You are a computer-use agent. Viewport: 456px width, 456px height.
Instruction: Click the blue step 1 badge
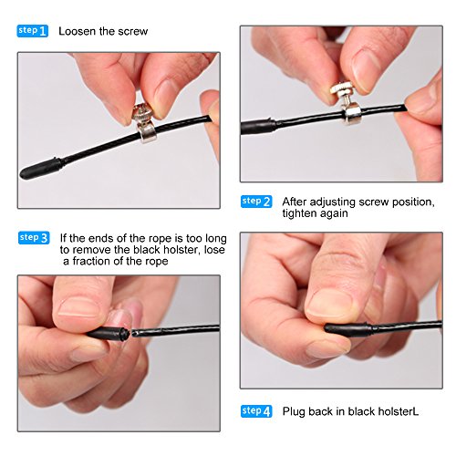[33, 31]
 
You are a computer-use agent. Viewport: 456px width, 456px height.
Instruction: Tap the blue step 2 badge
[256, 202]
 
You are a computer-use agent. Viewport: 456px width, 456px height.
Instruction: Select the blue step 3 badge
[34, 238]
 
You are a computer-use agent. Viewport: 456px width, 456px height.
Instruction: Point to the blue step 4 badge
[256, 411]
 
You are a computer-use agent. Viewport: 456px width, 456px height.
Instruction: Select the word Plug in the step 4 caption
[294, 412]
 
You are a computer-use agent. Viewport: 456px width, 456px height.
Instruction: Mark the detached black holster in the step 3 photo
[108, 334]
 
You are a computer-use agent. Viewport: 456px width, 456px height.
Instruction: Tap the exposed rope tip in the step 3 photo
[135, 334]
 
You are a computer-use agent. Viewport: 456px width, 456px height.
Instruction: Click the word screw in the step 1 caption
[133, 32]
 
